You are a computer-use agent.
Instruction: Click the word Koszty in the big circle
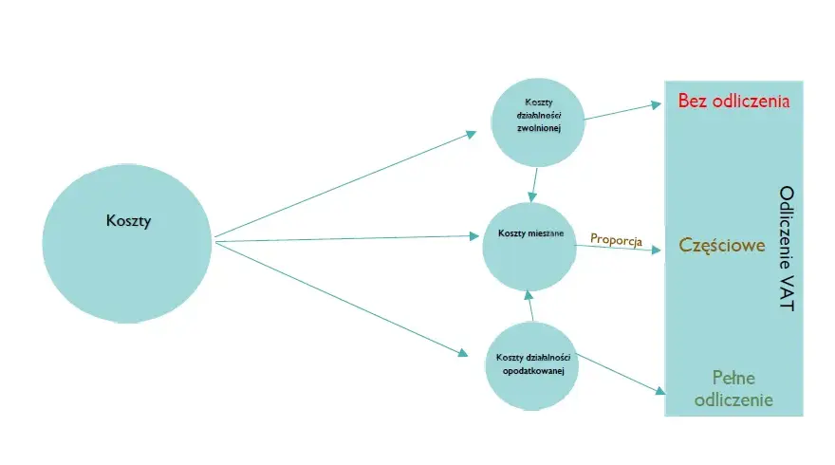click(x=128, y=220)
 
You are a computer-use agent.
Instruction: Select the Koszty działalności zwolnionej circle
click(x=538, y=122)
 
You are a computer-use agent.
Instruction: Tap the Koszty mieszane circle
click(x=529, y=247)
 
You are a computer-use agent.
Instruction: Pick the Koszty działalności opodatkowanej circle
click(x=532, y=366)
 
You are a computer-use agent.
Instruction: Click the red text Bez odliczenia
click(x=733, y=101)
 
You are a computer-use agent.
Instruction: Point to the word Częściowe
click(x=721, y=245)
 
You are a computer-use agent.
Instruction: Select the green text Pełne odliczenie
click(x=733, y=389)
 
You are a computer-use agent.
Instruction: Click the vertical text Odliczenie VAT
click(x=787, y=249)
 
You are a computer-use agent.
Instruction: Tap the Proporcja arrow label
click(x=616, y=240)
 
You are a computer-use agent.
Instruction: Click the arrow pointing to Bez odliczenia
click(x=623, y=111)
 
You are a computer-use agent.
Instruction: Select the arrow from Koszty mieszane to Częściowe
click(x=619, y=248)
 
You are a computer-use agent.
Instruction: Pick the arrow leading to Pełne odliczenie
click(x=622, y=375)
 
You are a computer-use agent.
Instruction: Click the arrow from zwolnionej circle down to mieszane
click(x=533, y=185)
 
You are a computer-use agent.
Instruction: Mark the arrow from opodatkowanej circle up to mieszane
click(x=529, y=306)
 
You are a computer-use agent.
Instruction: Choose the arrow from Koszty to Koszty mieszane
click(x=346, y=239)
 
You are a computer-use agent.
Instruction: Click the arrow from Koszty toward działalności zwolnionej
click(x=345, y=184)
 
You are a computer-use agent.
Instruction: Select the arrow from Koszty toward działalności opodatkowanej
click(x=342, y=299)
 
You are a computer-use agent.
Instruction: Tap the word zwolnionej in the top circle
click(x=539, y=128)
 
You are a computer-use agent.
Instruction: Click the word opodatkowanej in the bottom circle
click(x=533, y=371)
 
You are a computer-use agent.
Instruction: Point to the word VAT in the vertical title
click(x=787, y=292)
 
